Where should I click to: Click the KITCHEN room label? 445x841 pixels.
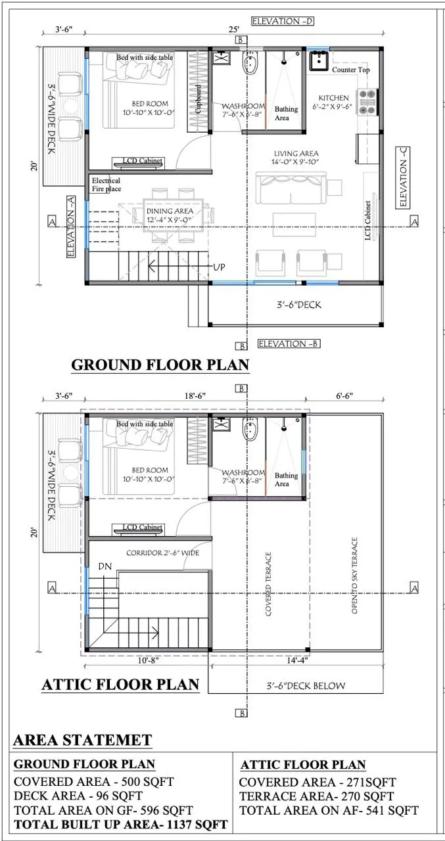coord(333,98)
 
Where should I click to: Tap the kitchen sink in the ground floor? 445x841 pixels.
coord(319,60)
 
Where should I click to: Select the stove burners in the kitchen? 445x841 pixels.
coord(367,101)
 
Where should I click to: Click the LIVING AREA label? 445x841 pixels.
coord(296,153)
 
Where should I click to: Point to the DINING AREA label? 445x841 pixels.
coord(170,211)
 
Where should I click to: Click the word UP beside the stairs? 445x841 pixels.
coord(220,267)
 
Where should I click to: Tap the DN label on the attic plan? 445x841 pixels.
coord(105,566)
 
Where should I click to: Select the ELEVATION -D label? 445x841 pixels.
coord(283,22)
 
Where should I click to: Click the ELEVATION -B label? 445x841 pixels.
coord(289,344)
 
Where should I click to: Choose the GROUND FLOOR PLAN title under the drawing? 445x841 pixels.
coord(160,365)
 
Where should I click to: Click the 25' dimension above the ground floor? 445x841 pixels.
coord(233,30)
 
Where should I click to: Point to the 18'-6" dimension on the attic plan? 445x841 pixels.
coord(195,396)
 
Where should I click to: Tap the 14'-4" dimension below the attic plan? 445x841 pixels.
coord(297,660)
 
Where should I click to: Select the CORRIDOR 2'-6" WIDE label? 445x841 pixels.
coord(162,553)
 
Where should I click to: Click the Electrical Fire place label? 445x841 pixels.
coord(106,185)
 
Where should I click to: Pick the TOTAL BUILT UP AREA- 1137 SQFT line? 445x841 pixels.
coord(121,825)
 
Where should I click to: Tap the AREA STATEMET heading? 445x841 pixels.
coord(83,740)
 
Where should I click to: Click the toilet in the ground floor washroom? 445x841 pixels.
coord(250,64)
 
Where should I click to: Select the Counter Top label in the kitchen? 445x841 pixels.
coord(351,70)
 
